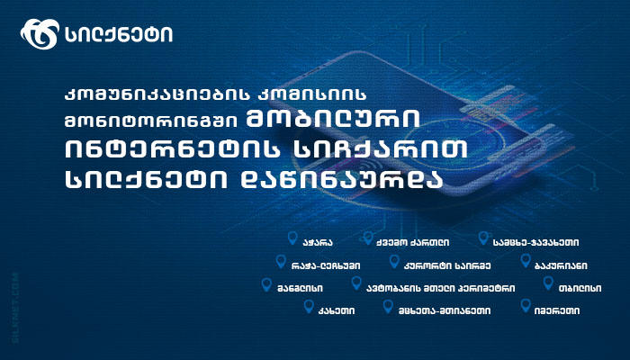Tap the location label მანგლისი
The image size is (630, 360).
point(302,289)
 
